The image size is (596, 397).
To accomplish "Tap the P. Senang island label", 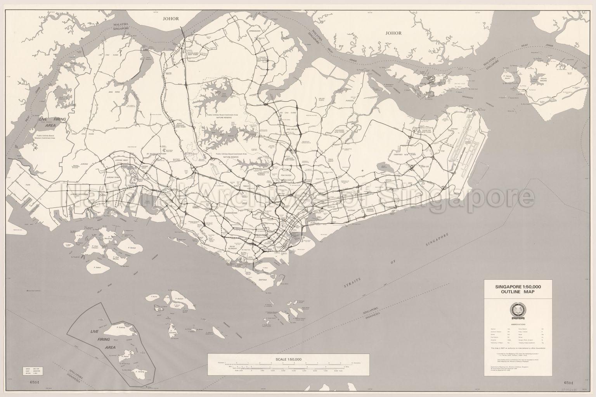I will [x=140, y=372].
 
